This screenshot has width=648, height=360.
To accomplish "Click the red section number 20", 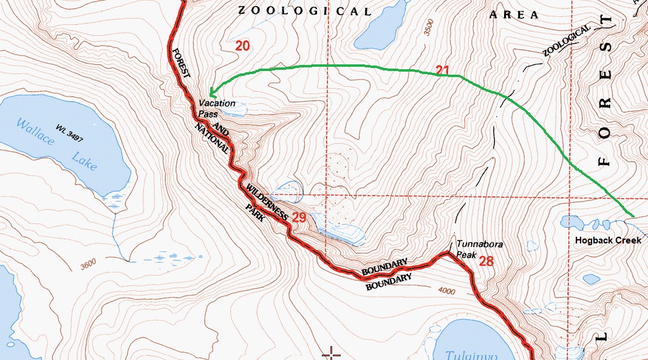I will (x=242, y=46).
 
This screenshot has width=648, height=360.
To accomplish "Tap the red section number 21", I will (x=442, y=70).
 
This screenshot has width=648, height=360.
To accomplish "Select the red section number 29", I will (x=299, y=217).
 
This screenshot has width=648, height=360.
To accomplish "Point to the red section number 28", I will (x=486, y=262).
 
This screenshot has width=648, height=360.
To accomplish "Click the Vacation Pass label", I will (x=217, y=108).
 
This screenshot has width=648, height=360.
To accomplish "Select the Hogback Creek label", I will (x=608, y=240).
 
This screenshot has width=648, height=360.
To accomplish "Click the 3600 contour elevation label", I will (x=87, y=265).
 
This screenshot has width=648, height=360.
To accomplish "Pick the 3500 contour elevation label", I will (x=429, y=27).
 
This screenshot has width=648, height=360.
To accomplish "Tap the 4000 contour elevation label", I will (x=445, y=291).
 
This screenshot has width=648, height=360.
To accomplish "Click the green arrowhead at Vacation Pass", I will (x=211, y=93).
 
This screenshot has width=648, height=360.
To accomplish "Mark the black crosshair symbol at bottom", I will (x=332, y=353).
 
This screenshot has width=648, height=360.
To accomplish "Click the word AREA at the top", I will (x=514, y=15).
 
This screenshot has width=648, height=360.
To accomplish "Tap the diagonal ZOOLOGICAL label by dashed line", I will (x=566, y=41).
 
